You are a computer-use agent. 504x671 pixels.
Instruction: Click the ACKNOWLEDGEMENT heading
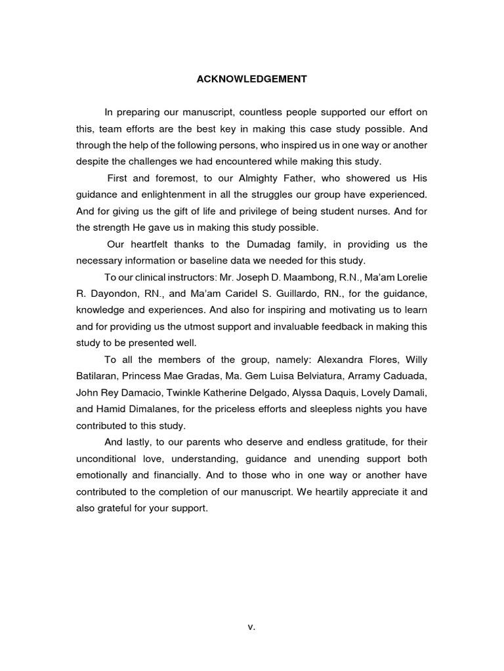(x=252, y=79)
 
